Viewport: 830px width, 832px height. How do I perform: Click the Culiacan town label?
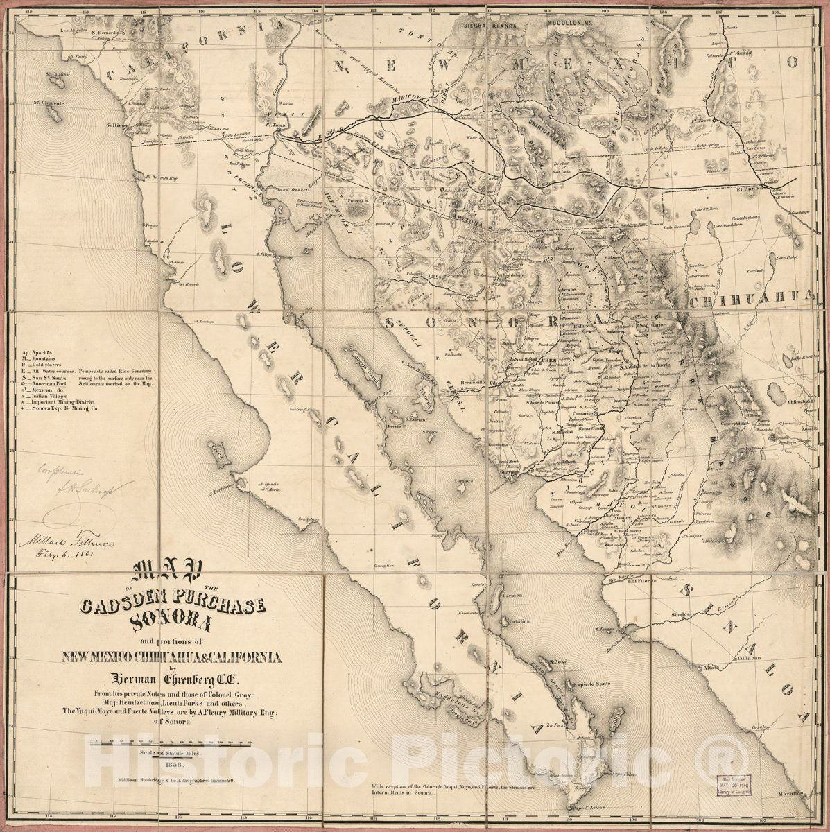tap(745, 657)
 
